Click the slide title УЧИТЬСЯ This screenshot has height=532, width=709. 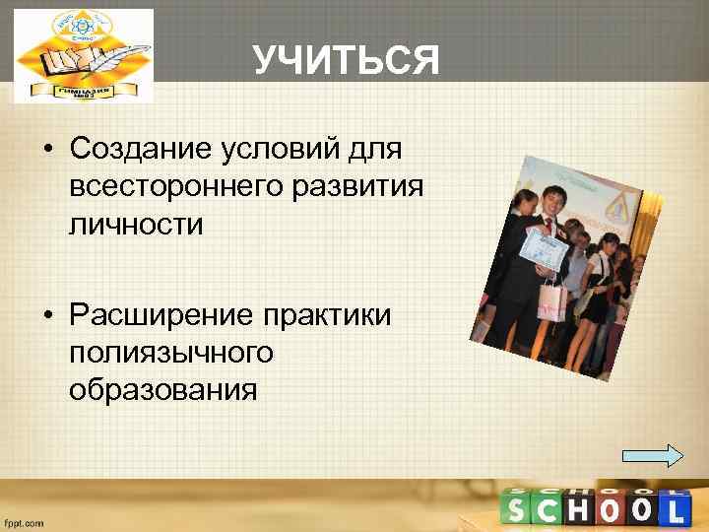tap(345, 61)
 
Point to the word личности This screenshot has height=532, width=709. tap(136, 224)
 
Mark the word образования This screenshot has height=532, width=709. tap(163, 389)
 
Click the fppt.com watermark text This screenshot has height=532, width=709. tap(25, 523)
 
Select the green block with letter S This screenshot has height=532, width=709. tap(518, 510)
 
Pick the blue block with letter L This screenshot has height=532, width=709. tap(674, 510)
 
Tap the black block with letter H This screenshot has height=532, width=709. tap(579, 510)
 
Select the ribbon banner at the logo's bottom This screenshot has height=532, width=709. tap(85, 91)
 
